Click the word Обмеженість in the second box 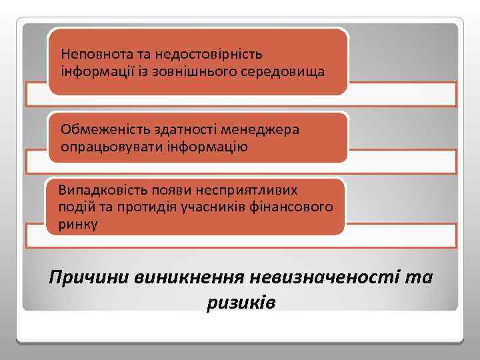(96, 129)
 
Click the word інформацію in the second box (204, 146)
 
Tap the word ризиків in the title (241, 302)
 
